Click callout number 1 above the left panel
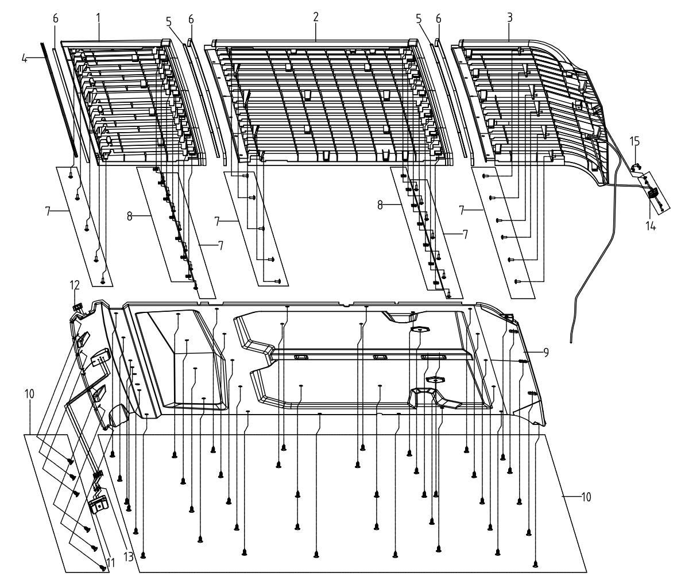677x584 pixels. [x=98, y=18]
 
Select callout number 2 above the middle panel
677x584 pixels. [x=316, y=17]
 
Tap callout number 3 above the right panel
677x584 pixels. [x=510, y=18]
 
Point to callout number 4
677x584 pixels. [x=25, y=58]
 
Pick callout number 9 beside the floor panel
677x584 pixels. [x=546, y=353]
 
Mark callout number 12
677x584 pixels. [x=75, y=285]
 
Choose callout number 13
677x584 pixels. [x=129, y=557]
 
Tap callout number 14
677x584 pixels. [x=651, y=225]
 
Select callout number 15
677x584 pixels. [x=635, y=142]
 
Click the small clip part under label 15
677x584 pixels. [x=636, y=167]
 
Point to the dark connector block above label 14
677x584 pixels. [x=652, y=194]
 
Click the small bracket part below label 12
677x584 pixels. [x=78, y=307]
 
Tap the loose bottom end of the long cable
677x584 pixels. [x=570, y=342]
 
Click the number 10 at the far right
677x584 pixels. [x=586, y=497]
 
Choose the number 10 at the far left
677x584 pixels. [x=29, y=394]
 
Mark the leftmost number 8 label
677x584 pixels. [x=130, y=216]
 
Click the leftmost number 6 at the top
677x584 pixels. [x=55, y=18]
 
